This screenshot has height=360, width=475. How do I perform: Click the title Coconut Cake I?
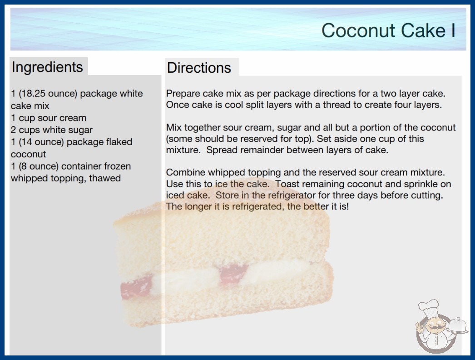(388, 30)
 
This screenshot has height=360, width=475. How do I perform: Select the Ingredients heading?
(47, 67)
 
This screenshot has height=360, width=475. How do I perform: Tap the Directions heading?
(199, 68)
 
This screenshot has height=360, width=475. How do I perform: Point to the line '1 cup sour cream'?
(49, 118)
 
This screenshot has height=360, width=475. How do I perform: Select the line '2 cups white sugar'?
(51, 130)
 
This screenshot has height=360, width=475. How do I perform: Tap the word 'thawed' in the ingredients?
(105, 178)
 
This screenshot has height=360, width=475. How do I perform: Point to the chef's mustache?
(433, 328)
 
